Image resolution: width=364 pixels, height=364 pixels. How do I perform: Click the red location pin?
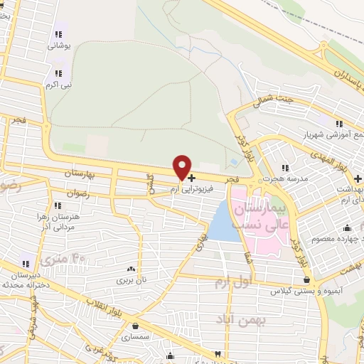pos(182,168)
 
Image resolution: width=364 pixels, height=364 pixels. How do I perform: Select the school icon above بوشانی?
pos(57,34)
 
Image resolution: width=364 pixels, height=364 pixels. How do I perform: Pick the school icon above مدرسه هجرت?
pos(285,168)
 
